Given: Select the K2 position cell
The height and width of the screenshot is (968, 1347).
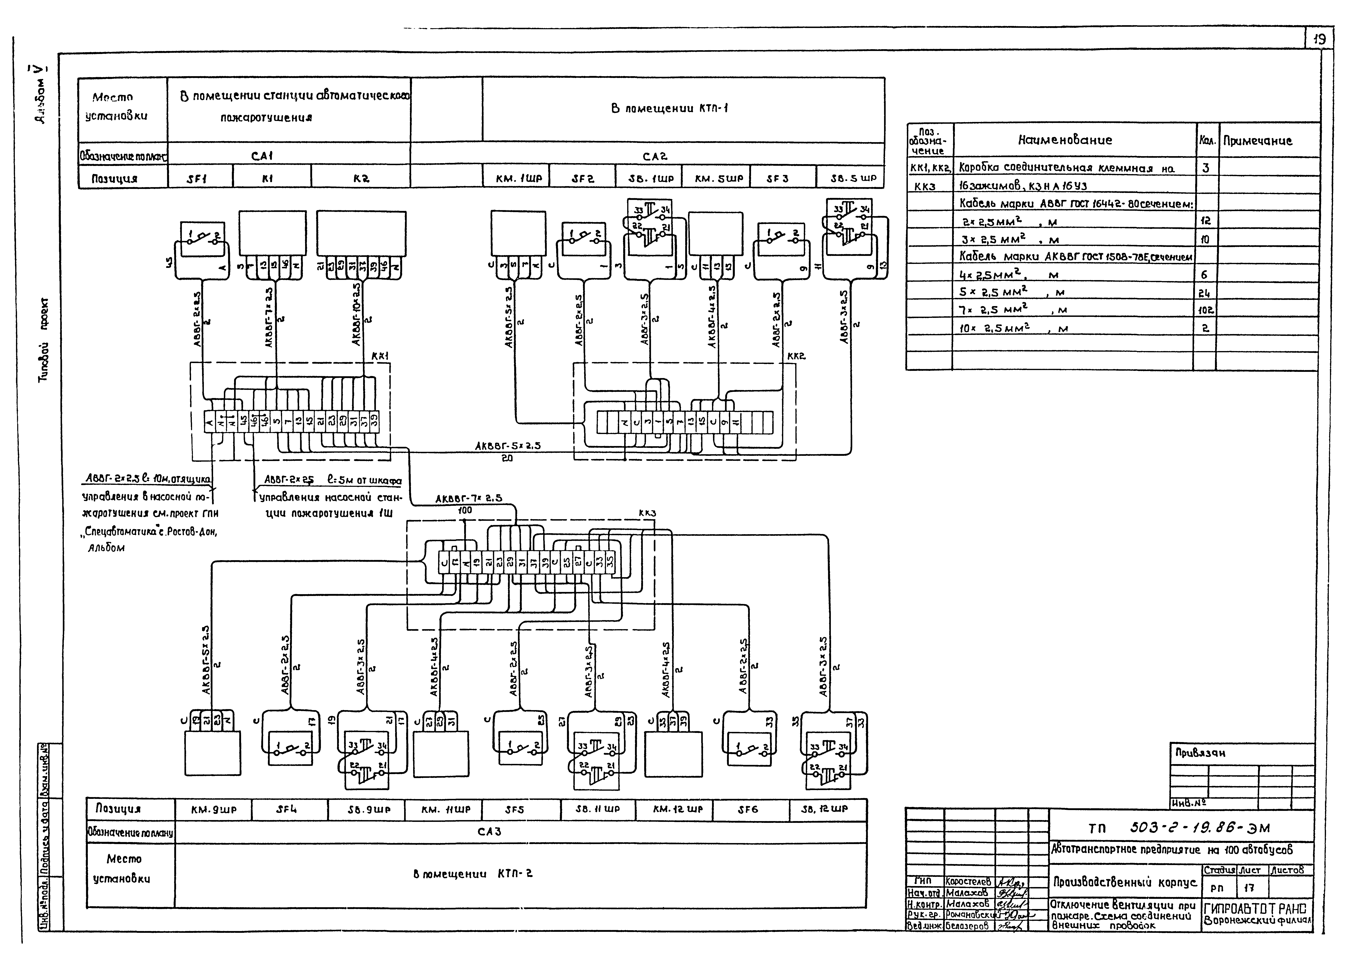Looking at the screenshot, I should pyautogui.click(x=361, y=178).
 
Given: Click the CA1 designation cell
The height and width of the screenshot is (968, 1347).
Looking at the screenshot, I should pyautogui.click(x=262, y=156).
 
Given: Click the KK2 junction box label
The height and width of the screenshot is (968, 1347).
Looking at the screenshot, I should pyautogui.click(x=796, y=356).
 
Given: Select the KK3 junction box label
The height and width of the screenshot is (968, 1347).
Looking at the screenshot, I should pyautogui.click(x=647, y=513).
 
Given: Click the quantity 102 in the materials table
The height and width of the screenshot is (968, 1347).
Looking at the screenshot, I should pyautogui.click(x=1206, y=310).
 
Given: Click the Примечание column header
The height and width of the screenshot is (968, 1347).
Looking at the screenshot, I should pyautogui.click(x=1257, y=141).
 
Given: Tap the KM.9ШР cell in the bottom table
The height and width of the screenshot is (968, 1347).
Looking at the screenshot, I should pyautogui.click(x=214, y=809).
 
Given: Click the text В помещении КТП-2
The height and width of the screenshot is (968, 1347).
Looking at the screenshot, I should pyautogui.click(x=473, y=874).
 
